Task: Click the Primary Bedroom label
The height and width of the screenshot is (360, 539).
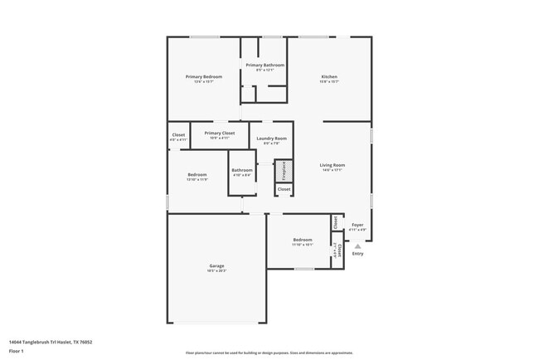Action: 203,76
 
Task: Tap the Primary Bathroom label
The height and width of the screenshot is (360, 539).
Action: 265,65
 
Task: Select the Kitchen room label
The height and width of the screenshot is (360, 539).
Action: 329,76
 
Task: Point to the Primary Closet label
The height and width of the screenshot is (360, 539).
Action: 220,133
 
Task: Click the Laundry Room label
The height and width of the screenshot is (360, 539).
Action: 271,138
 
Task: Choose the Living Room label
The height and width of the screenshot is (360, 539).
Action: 333,165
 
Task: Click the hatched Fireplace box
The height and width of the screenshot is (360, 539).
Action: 284,171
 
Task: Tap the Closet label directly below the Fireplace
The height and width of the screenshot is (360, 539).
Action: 284,189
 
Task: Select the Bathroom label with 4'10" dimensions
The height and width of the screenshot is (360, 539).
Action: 242,170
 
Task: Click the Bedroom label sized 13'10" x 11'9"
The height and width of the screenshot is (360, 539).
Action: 197,174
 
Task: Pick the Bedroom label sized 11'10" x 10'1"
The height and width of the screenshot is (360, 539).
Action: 302,239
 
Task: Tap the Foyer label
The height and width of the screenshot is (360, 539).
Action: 357,225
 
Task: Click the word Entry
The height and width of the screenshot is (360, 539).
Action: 357,254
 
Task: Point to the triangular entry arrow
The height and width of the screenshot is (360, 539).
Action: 357,246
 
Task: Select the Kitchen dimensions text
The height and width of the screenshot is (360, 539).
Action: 329,82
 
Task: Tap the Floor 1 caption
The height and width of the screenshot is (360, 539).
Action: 17,351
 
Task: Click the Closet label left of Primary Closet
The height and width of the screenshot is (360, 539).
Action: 178,134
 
